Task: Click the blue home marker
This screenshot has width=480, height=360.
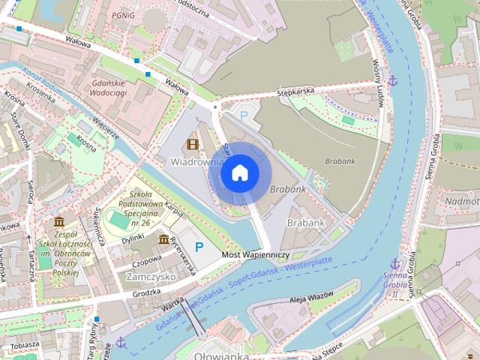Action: tap(239, 173)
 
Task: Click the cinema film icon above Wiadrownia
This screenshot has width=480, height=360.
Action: tap(193, 144)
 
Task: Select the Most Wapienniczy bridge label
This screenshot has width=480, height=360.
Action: tap(256, 255)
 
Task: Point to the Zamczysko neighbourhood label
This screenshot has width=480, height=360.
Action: tap(151, 276)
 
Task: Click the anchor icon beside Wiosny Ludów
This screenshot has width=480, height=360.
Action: tap(391, 79)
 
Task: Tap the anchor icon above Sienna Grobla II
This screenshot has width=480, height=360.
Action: tap(394, 263)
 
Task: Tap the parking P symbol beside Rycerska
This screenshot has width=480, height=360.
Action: tap(199, 247)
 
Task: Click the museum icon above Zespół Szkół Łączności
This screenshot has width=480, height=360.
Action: tap(59, 222)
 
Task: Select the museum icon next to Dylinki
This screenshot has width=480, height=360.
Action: tap(163, 238)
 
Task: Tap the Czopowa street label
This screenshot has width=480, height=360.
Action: tap(146, 262)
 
